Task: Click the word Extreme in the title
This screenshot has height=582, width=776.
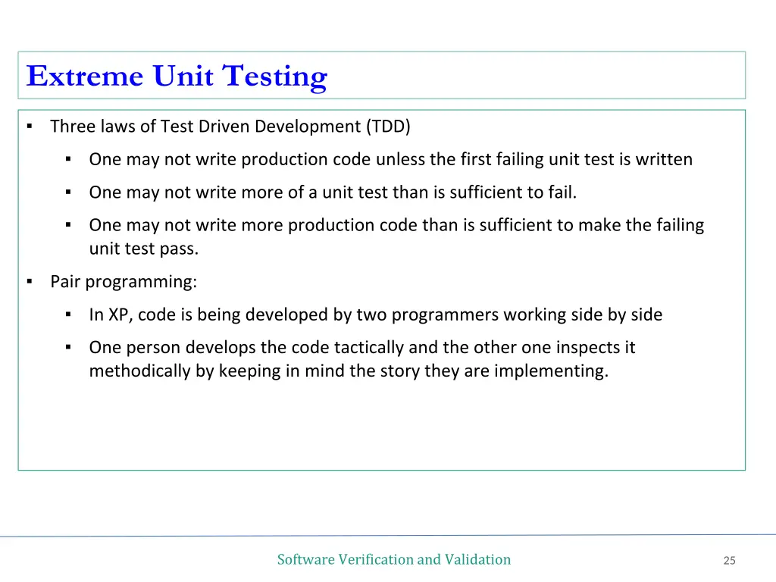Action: tap(84, 77)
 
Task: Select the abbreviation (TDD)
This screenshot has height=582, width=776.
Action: tap(388, 127)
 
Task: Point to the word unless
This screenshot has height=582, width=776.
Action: tap(402, 159)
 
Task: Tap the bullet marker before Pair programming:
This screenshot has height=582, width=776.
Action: tap(30, 282)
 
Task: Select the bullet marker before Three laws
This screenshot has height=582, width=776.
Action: tap(30, 127)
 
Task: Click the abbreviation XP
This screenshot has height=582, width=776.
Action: tap(119, 314)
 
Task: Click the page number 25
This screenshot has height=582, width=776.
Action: tap(730, 561)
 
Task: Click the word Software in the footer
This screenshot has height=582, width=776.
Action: tap(305, 559)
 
